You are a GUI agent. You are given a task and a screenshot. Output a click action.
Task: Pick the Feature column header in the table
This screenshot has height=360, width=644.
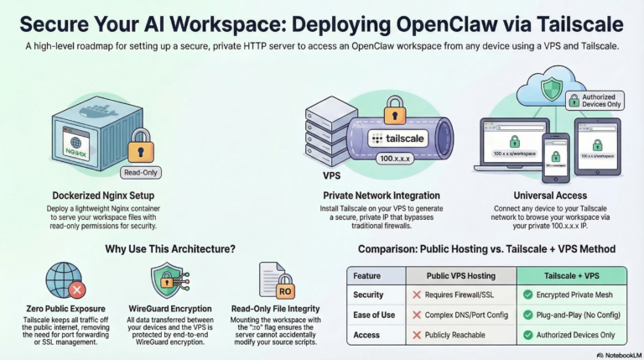pyautogui.click(x=366, y=275)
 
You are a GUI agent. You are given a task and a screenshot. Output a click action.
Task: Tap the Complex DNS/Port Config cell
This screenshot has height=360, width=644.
pyautogui.click(x=461, y=314)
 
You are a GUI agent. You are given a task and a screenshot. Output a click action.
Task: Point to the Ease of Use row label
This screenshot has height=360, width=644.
pyautogui.click(x=373, y=314)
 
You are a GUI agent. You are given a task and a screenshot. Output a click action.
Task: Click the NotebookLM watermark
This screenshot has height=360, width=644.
pyautogui.click(x=616, y=354)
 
